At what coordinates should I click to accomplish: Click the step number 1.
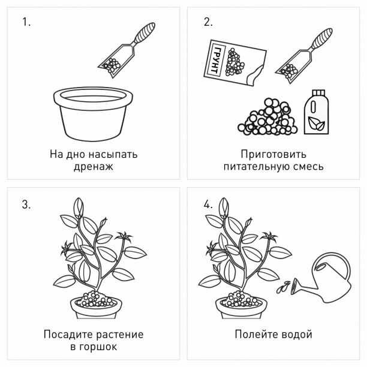tap(26, 22)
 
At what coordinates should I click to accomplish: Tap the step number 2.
tap(208, 22)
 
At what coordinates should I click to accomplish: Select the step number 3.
tap(26, 204)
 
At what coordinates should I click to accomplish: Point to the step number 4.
tap(208, 204)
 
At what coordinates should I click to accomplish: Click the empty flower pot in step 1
tap(93, 113)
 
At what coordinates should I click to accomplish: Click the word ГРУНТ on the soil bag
tap(217, 60)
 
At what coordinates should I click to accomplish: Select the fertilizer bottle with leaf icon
tap(317, 112)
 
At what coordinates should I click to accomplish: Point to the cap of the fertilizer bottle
tap(318, 93)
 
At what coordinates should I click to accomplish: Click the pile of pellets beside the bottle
tap(268, 117)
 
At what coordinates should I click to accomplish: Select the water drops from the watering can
tap(282, 287)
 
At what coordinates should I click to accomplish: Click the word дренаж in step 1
tap(94, 167)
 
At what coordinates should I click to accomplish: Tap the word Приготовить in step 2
tap(273, 154)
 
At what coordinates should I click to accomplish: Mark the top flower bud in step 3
tap(79, 208)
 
